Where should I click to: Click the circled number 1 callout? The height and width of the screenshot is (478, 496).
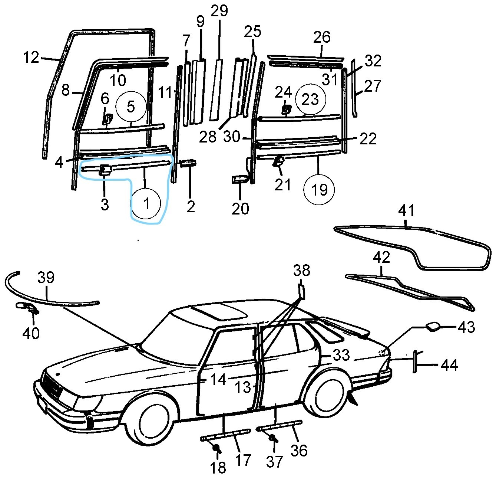click(147, 203)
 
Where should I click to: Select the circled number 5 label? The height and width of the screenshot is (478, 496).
click(130, 107)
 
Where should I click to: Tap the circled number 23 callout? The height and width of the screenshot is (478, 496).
click(310, 99)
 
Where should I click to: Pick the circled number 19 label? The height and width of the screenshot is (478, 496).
click(319, 190)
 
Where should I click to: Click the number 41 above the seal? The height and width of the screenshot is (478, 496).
click(406, 212)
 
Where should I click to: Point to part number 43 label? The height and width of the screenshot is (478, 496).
click(466, 328)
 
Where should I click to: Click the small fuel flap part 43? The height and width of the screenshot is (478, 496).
click(433, 326)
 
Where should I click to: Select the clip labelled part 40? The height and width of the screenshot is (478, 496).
click(26, 307)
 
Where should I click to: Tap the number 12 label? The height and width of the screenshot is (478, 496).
click(31, 58)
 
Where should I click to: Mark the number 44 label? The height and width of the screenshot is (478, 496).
click(449, 365)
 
